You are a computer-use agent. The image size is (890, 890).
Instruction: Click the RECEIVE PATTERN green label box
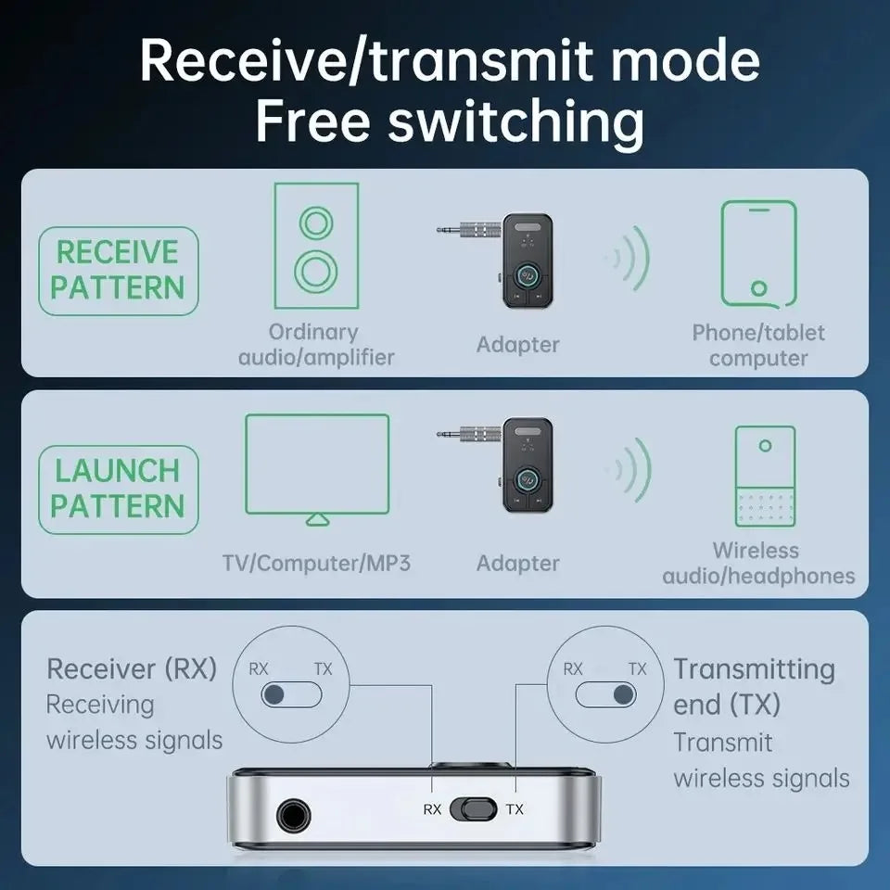click(x=118, y=270)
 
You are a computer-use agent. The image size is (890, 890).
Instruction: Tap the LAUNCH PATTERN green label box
click(x=118, y=489)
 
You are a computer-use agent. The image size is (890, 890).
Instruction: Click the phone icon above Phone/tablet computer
click(x=758, y=253)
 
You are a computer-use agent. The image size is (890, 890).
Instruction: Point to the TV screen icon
click(x=317, y=466)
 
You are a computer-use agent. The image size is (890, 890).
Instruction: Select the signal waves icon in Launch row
click(x=631, y=466)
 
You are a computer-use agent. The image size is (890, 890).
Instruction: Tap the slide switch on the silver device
click(x=474, y=808)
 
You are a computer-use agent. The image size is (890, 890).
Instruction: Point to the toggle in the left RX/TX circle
click(x=290, y=694)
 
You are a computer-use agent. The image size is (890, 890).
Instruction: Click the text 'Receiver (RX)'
click(x=132, y=668)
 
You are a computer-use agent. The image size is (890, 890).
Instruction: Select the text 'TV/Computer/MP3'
click(x=316, y=563)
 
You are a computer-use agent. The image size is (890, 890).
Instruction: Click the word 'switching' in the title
click(x=515, y=121)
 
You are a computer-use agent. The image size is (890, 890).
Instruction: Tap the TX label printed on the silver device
click(x=515, y=809)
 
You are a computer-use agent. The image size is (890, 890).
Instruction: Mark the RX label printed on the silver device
click(x=432, y=809)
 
